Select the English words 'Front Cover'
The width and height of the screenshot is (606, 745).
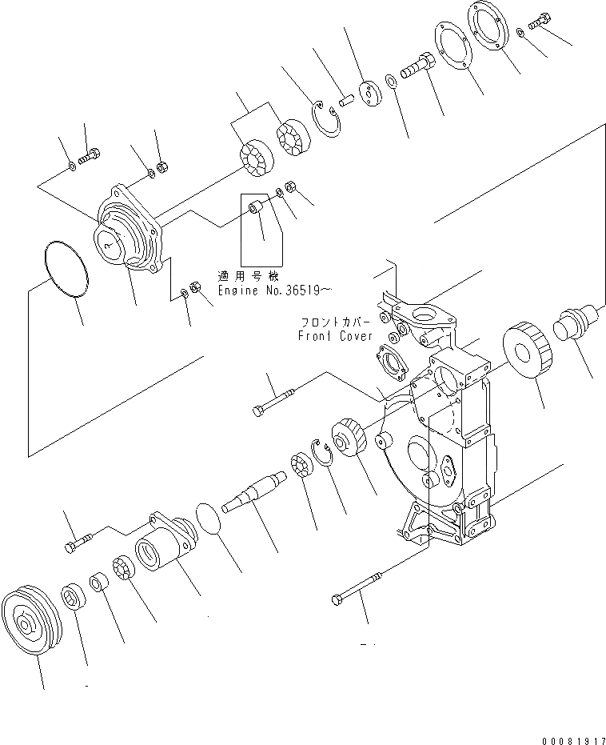point(335,336)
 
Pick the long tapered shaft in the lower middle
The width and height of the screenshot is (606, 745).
point(257,493)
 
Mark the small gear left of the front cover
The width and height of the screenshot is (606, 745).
point(349,437)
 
